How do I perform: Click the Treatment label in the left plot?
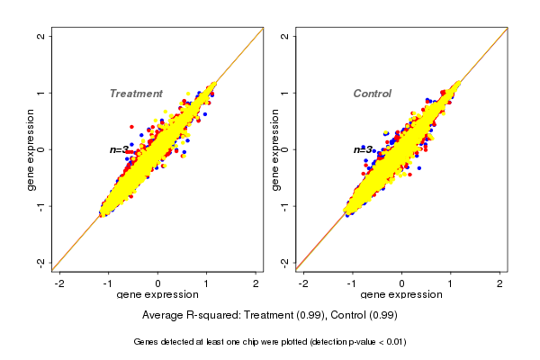(136, 94)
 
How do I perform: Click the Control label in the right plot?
(372, 94)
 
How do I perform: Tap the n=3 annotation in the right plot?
(363, 149)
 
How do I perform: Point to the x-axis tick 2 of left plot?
(256, 283)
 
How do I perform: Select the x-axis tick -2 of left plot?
(60, 283)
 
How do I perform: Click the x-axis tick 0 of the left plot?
(158, 283)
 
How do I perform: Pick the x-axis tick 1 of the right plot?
(451, 283)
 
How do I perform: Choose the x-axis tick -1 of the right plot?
(353, 283)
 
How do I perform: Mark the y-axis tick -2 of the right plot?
(283, 262)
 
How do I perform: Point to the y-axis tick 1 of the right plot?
(283, 93)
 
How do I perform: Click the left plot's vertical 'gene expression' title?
(31, 149)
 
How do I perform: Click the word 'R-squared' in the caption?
(213, 315)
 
